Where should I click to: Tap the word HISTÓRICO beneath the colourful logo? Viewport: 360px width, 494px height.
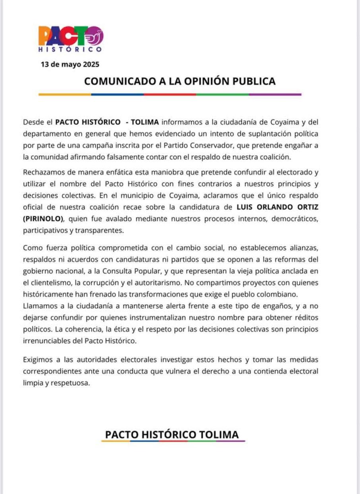click(x=70, y=50)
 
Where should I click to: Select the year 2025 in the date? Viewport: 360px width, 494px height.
click(x=91, y=64)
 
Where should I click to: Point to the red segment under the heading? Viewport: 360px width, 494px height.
click(x=170, y=95)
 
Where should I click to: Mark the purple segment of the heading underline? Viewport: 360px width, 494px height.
click(x=275, y=95)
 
